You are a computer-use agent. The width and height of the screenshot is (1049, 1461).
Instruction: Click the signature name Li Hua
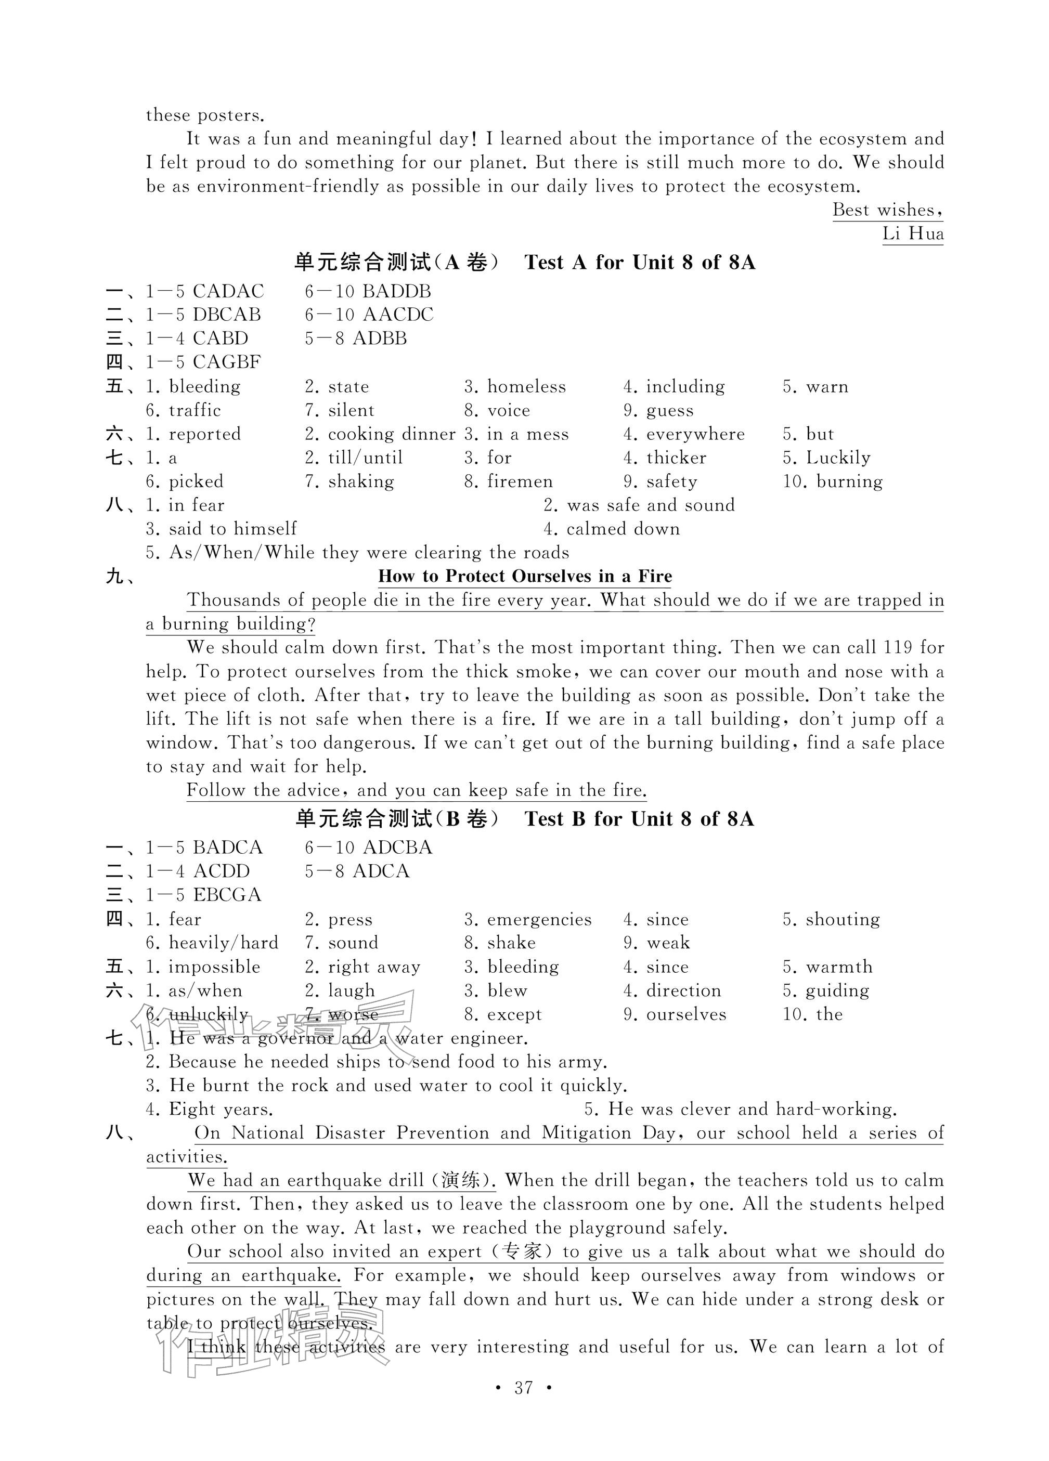pos(912,233)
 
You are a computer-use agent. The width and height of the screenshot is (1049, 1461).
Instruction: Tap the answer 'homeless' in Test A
pos(526,386)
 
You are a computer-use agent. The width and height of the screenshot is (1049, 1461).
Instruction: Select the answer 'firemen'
pos(520,481)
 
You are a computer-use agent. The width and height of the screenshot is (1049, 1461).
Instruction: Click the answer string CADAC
pos(228,291)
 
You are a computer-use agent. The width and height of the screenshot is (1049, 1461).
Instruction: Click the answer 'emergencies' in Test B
pos(539,919)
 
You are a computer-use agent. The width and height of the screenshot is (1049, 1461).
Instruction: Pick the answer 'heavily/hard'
pos(223,943)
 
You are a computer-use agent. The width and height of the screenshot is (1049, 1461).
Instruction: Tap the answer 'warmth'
pos(839,966)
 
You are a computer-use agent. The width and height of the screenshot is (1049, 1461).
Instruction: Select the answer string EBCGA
pos(227,895)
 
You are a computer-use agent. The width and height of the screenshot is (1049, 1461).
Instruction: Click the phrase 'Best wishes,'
pos(887,210)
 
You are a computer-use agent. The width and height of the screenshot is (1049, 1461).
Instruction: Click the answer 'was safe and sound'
pos(650,505)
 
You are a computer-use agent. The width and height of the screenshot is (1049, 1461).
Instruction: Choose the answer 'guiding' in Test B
pos(837,990)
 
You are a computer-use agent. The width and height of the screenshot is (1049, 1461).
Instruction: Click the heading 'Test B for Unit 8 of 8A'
pos(639,819)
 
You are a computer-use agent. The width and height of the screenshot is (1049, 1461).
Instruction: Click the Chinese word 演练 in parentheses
pos(460,1180)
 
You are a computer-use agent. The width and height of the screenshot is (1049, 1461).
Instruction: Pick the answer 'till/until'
pos(365,458)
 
